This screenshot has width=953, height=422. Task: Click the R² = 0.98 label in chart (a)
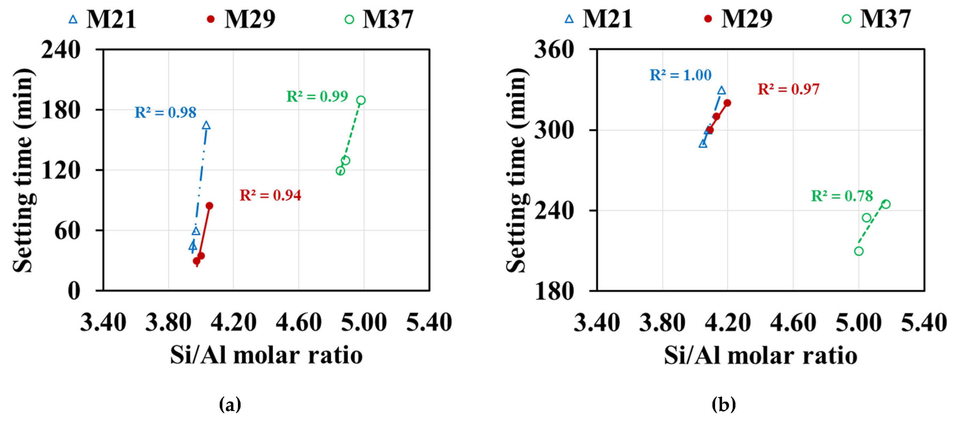pyautogui.click(x=165, y=112)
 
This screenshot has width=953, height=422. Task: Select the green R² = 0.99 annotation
pyautogui.click(x=317, y=97)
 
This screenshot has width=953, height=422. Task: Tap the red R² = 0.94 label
pyautogui.click(x=270, y=195)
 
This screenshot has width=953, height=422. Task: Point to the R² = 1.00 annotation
pyautogui.click(x=680, y=75)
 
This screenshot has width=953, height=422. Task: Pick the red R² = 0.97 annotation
pyautogui.click(x=788, y=89)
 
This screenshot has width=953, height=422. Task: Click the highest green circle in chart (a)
pyautogui.click(x=361, y=100)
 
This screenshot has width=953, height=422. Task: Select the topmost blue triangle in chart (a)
pyautogui.click(x=206, y=125)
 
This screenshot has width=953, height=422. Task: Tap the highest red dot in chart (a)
pyautogui.click(x=210, y=206)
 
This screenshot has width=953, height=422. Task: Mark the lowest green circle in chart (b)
pyautogui.click(x=859, y=251)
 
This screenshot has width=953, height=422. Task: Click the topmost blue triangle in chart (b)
pyautogui.click(x=722, y=90)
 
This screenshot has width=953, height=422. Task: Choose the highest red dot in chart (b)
pyautogui.click(x=727, y=103)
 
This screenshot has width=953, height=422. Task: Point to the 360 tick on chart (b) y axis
pyautogui.click(x=554, y=50)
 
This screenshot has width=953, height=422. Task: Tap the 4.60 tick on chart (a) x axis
pyautogui.click(x=298, y=322)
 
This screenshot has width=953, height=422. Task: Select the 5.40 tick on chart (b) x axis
pyautogui.click(x=924, y=322)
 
